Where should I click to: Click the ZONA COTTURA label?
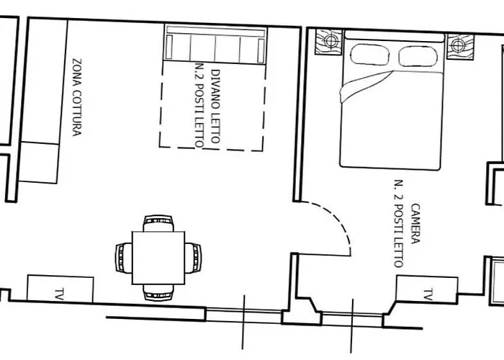tap(77, 97)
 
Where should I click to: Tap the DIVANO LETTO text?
tap(216, 107)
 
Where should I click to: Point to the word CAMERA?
tap(415, 224)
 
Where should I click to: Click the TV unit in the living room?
tap(60, 289)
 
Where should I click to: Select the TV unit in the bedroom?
tap(426, 289)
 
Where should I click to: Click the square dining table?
tap(158, 258)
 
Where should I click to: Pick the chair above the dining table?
tap(158, 223)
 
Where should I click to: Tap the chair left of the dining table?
tap(124, 258)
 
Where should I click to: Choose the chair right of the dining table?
tap(193, 258)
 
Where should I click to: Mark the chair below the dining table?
tap(158, 292)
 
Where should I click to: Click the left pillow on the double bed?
tap(370, 55)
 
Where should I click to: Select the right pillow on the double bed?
tap(418, 56)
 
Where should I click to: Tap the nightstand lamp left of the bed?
tap(330, 41)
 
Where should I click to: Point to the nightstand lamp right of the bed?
tap(458, 45)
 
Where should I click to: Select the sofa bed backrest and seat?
tap(215, 44)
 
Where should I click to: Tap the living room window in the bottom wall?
tap(243, 316)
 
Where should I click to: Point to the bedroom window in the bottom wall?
tap(352, 319)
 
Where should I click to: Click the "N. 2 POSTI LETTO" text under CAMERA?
tap(399, 223)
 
